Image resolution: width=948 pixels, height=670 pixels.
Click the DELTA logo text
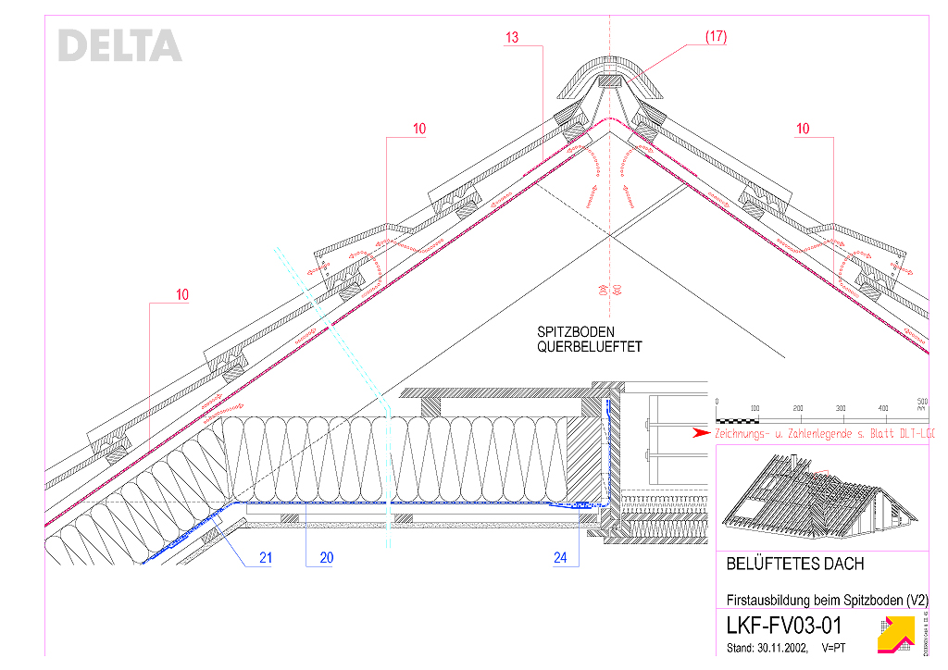pyautogui.click(x=119, y=45)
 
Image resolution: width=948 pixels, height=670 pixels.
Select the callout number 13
pyautogui.click(x=512, y=38)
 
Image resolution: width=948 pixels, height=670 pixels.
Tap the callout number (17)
pyautogui.click(x=716, y=37)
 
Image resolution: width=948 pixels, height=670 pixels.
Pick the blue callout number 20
pyautogui.click(x=326, y=558)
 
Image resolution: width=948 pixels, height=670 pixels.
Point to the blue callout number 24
pyautogui.click(x=560, y=558)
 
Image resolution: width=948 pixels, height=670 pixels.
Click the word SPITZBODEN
pyautogui.click(x=576, y=332)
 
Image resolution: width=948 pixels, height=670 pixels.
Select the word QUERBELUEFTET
pyautogui.click(x=590, y=347)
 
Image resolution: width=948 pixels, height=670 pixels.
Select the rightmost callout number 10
pyautogui.click(x=804, y=129)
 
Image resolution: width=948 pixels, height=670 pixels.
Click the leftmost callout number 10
pyautogui.click(x=182, y=295)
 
